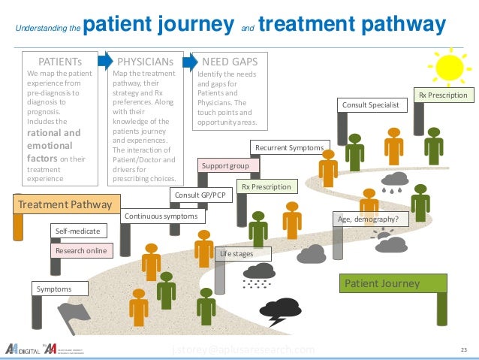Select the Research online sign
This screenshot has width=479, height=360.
(81, 250)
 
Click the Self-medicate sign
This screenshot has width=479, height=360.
(78, 231)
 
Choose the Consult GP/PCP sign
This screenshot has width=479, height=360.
(200, 195)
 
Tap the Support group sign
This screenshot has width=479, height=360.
(228, 165)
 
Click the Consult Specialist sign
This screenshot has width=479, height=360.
(372, 105)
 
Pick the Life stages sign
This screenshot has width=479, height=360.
(236, 254)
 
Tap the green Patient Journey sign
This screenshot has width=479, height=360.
(393, 283)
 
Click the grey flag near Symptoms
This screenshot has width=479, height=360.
(74, 313)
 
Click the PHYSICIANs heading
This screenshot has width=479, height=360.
(145, 59)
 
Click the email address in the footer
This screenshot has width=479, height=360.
(243, 349)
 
